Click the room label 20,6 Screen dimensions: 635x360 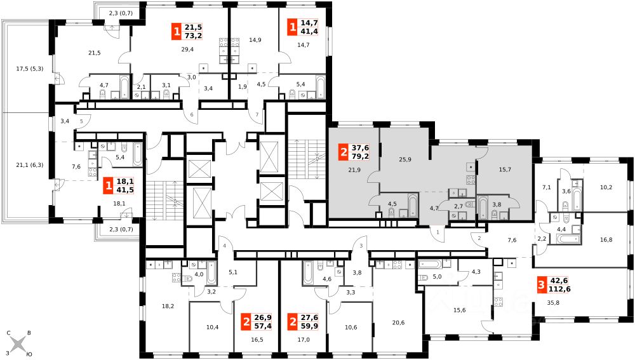click(x=398, y=323)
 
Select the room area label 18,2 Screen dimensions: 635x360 click(x=168, y=306)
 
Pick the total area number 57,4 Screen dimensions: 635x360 click(x=264, y=326)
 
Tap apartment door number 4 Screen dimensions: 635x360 click(x=224, y=246)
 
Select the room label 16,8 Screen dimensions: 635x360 click(x=606, y=240)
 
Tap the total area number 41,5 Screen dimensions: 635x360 click(x=125, y=190)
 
